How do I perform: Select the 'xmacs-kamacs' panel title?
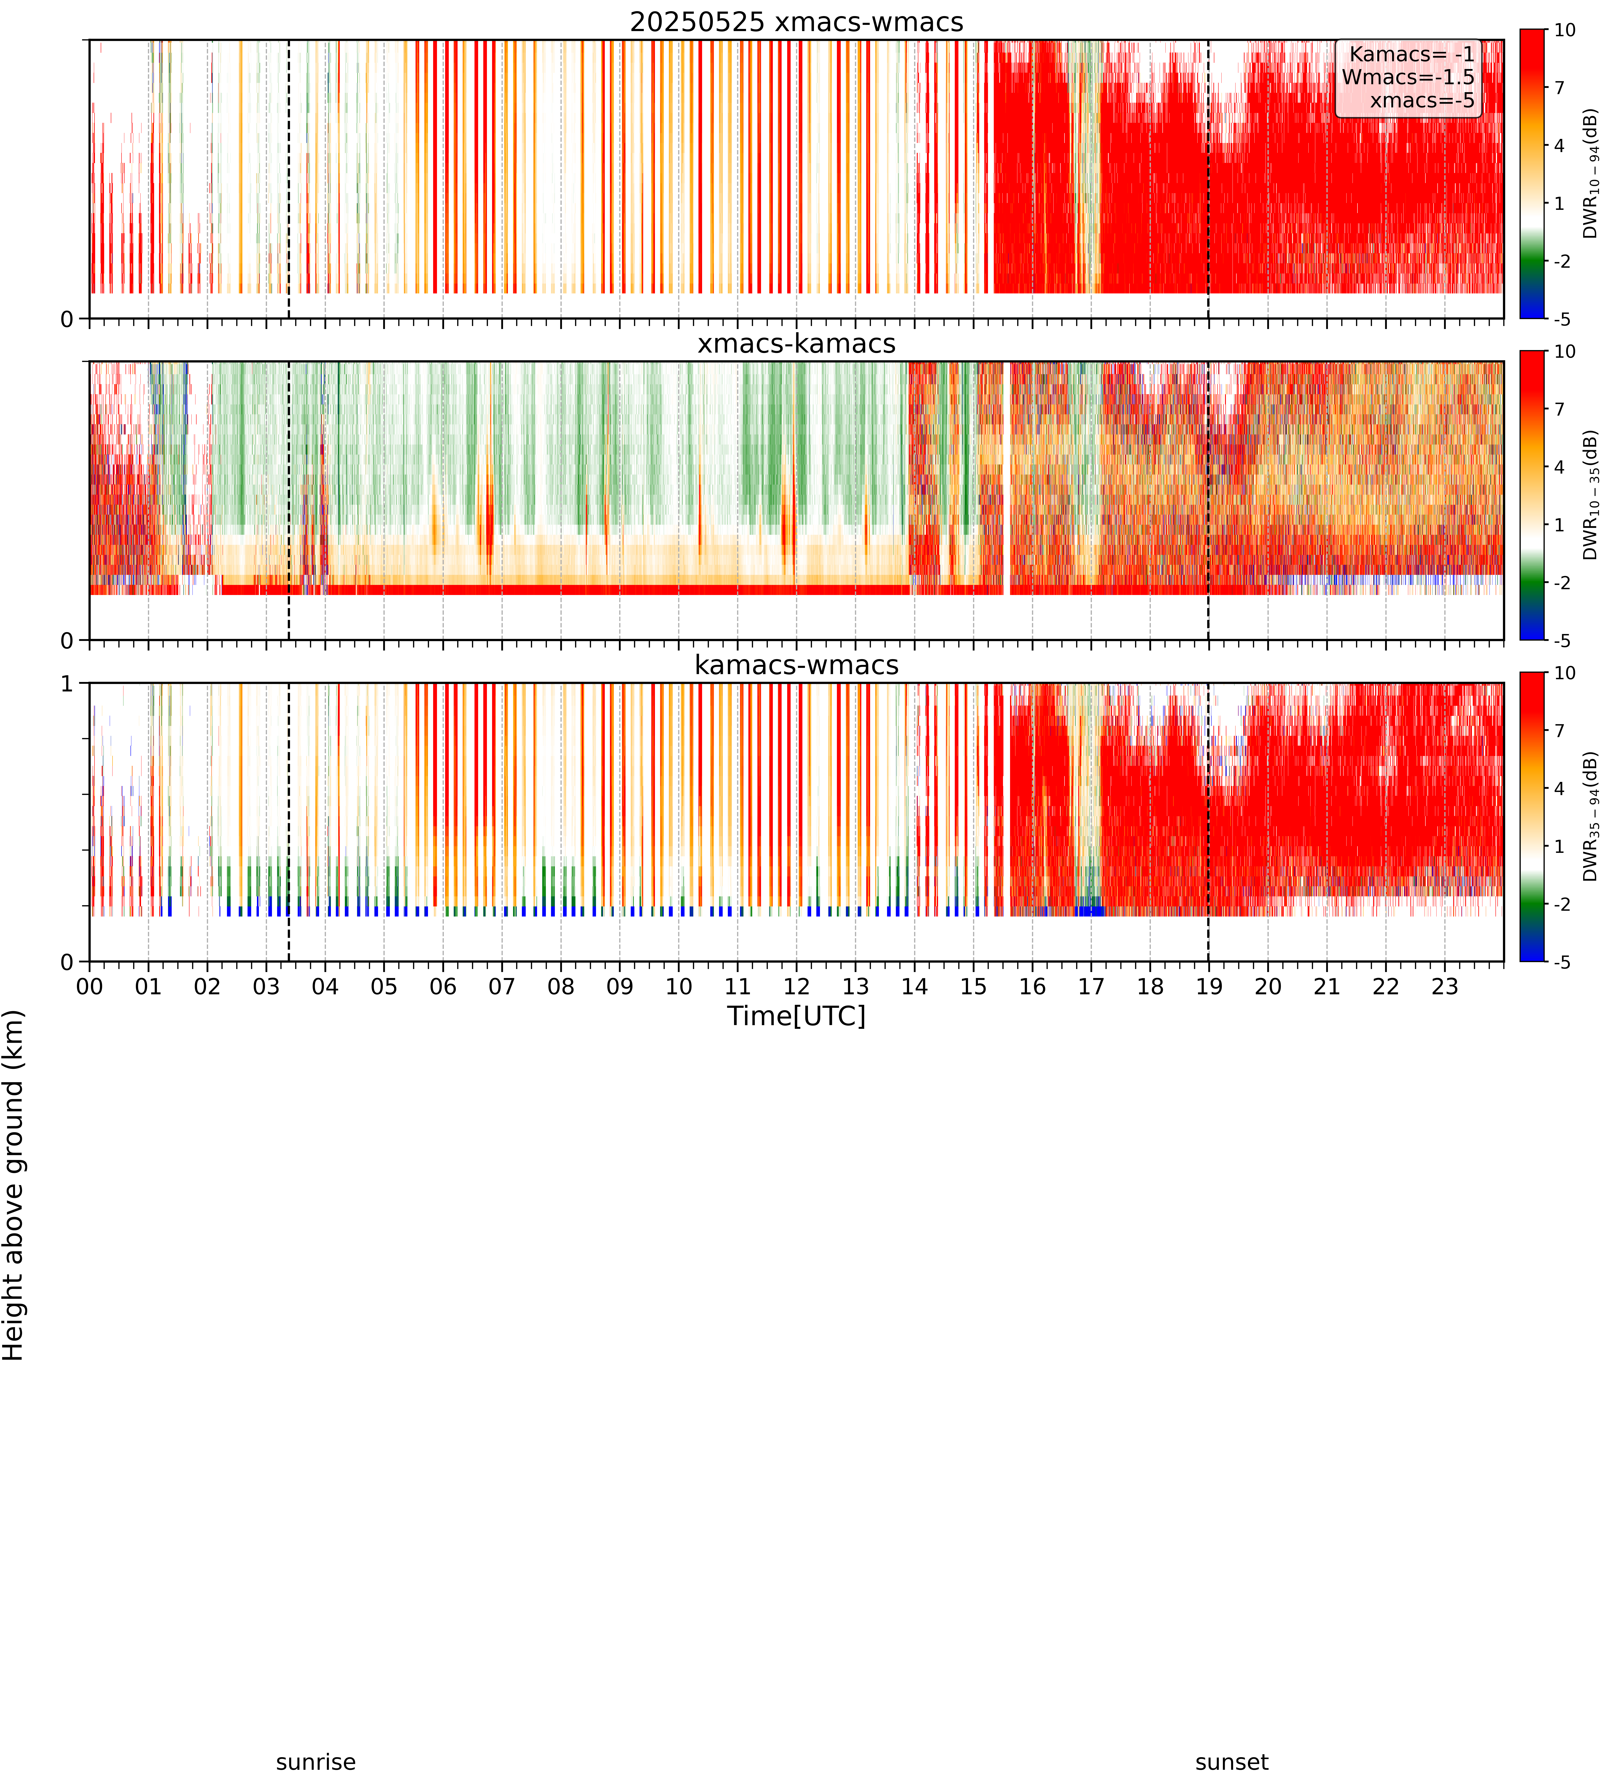(x=797, y=344)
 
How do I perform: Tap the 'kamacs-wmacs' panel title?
(x=797, y=665)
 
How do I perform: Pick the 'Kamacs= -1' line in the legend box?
(x=1413, y=54)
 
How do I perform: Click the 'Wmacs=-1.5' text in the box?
(x=1408, y=77)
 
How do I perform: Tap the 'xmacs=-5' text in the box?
(x=1422, y=100)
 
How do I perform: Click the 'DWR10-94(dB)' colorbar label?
(x=1591, y=174)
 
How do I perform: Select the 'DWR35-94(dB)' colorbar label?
(x=1591, y=816)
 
